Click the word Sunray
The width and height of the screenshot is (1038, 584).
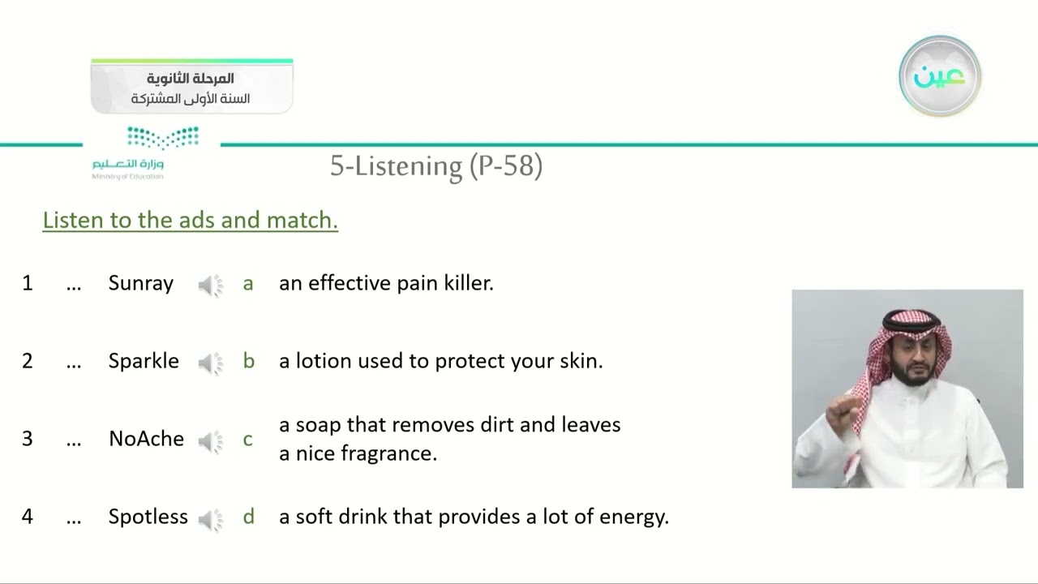point(141,283)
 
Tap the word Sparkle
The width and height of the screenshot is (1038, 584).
point(144,361)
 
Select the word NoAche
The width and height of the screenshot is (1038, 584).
point(146,439)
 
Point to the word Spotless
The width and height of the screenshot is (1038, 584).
point(148,517)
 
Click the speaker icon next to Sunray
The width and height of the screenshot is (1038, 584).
point(211,285)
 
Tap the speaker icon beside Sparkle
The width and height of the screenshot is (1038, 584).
point(211,363)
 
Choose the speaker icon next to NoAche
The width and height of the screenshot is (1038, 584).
point(211,440)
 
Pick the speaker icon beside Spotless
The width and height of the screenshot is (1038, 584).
point(211,518)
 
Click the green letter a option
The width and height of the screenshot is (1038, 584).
point(248,284)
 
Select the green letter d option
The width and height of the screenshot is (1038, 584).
point(248,517)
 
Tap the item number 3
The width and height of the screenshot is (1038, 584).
point(28,439)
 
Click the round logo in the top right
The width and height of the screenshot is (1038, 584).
point(940,76)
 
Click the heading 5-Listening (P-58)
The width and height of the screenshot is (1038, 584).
point(435,165)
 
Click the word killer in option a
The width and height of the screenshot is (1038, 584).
point(468,283)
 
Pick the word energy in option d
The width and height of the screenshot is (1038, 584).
point(636,517)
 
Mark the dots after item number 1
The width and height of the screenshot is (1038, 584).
point(74,286)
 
